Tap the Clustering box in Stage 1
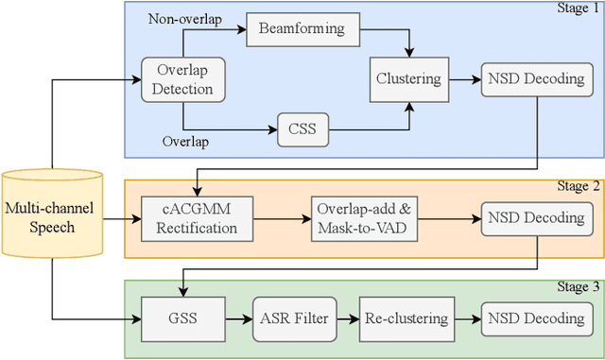point(408,79)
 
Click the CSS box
point(302,129)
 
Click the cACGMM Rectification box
point(197,217)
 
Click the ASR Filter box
point(293,317)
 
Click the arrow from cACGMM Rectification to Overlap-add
point(284,217)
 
